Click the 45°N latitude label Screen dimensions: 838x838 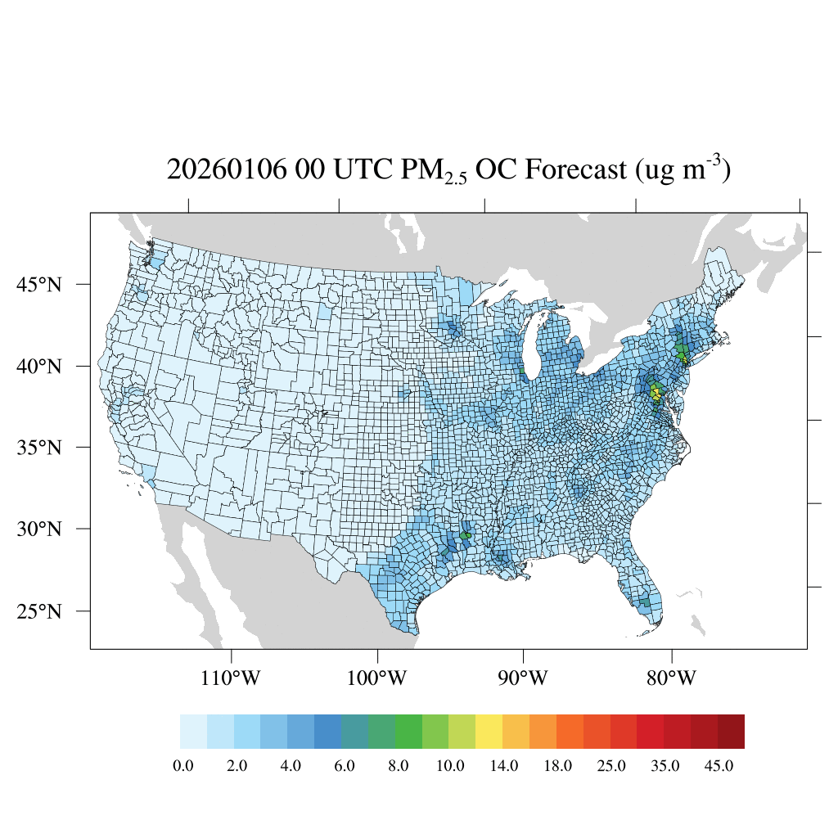pyautogui.click(x=39, y=285)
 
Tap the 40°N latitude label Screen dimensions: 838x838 pyautogui.click(x=39, y=366)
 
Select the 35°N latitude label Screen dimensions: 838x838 pyautogui.click(x=39, y=448)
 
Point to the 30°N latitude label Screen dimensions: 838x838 pyautogui.click(x=39, y=529)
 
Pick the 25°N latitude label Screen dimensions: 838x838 pyautogui.click(x=39, y=611)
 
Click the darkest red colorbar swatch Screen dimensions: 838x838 pyautogui.click(x=731, y=732)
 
